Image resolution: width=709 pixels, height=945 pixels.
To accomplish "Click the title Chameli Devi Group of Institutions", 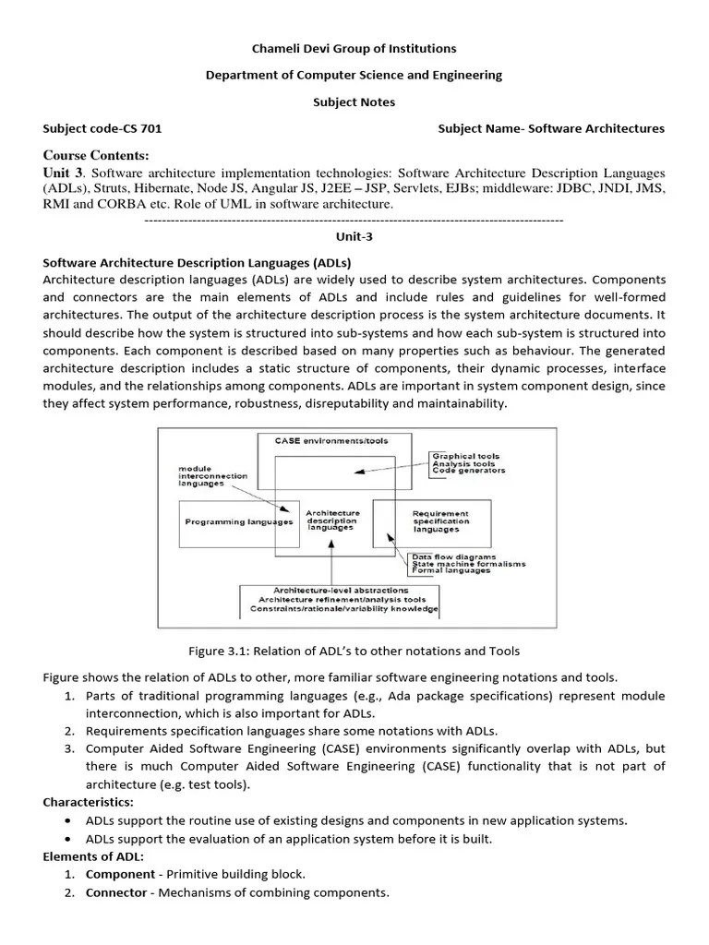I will [x=354, y=48].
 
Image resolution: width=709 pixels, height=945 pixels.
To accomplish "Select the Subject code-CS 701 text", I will [x=102, y=128].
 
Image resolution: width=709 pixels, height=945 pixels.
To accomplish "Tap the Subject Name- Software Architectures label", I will [x=550, y=128].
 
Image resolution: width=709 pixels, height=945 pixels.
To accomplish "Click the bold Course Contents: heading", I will [x=95, y=154].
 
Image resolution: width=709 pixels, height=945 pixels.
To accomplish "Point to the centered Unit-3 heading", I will [x=354, y=236].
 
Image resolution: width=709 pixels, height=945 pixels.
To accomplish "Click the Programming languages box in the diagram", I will [x=239, y=521].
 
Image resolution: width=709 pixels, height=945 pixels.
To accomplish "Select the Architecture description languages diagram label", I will [x=330, y=520].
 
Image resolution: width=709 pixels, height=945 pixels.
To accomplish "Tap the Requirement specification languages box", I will [x=440, y=521].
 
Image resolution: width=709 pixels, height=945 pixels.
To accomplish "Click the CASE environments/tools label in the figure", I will [x=330, y=441].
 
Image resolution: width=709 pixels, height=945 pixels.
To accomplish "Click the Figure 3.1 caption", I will [x=354, y=652].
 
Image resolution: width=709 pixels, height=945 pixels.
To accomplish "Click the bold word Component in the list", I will [x=119, y=873].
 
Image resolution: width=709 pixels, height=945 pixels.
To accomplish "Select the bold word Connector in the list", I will [x=116, y=892].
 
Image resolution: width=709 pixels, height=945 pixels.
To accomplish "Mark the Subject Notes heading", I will [x=354, y=102].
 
